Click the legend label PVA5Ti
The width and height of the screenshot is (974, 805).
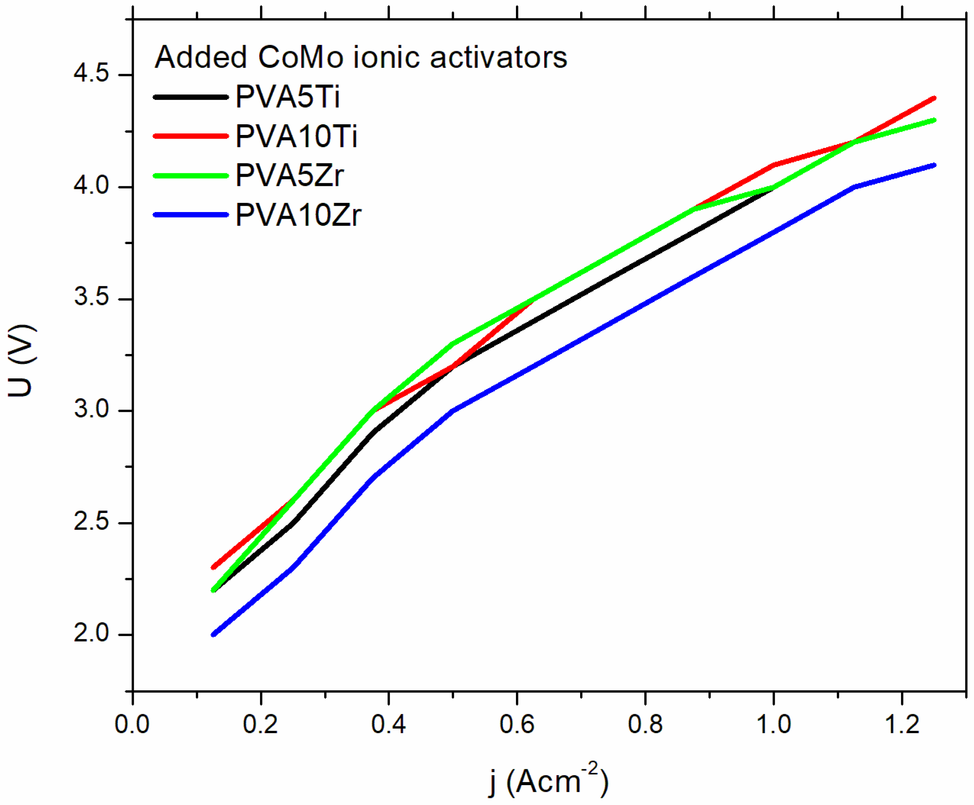click(288, 97)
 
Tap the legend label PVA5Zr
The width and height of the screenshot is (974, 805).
click(290, 176)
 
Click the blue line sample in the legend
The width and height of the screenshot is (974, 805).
click(191, 215)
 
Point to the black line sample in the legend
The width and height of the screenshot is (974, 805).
click(191, 97)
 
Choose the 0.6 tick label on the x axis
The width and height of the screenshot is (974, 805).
click(517, 724)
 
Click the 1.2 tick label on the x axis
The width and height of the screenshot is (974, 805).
click(902, 724)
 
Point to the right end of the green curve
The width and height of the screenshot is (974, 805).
click(934, 120)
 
